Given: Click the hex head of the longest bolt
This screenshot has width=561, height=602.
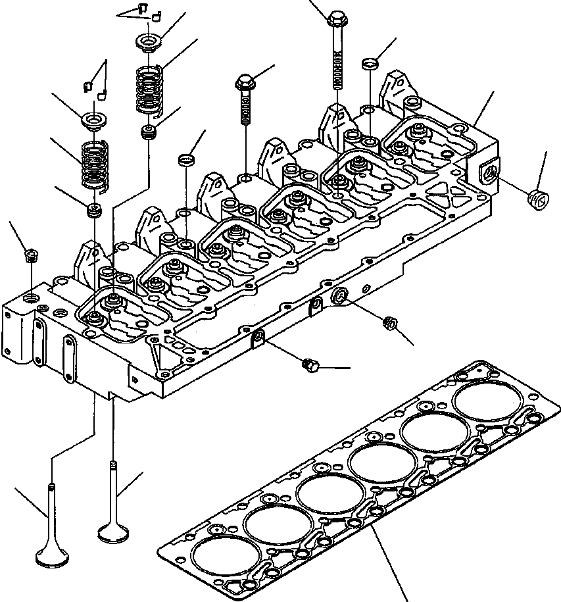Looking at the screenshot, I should pos(336,18).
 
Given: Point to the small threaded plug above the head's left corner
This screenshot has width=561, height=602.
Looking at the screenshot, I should pos(29,254).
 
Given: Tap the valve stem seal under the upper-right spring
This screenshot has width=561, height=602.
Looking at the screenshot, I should pos(149,132).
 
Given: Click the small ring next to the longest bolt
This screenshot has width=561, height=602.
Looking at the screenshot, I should pos(370,63).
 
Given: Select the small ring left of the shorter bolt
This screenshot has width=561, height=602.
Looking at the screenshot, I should pos(186,160).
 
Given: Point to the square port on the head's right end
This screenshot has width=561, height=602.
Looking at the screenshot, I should pos(487,173).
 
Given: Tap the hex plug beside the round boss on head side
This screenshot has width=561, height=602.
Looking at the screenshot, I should pos(388,322).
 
